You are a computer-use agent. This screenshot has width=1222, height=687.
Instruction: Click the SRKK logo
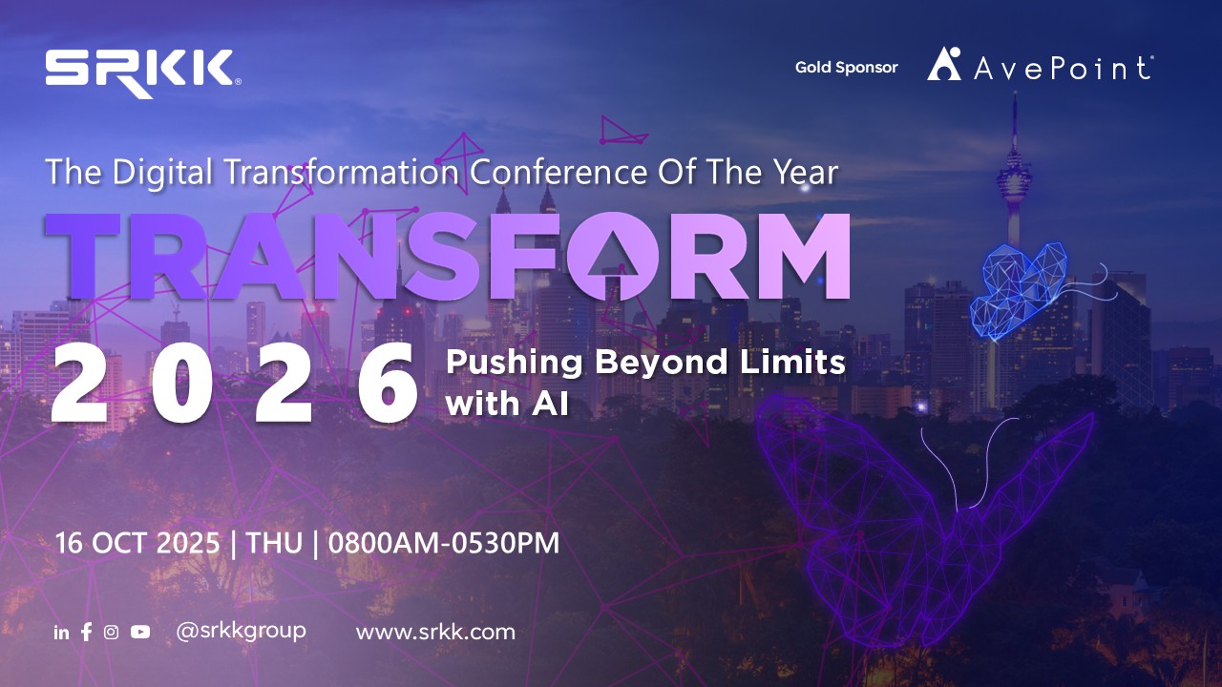(x=143, y=73)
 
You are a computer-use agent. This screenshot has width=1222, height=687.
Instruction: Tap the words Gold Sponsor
(x=846, y=68)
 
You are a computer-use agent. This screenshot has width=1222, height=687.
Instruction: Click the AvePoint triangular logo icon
(x=944, y=64)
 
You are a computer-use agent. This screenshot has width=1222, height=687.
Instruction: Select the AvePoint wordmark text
(x=1064, y=68)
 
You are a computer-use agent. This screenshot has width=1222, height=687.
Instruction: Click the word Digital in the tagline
(x=162, y=172)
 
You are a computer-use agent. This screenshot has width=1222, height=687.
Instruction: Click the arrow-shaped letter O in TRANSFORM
(x=613, y=257)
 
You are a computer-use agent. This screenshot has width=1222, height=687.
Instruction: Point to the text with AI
(x=507, y=404)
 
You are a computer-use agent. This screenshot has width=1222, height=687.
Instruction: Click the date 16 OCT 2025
(x=137, y=543)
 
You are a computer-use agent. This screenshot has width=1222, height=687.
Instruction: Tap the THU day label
(x=274, y=543)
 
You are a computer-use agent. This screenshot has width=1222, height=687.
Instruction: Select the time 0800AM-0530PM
(x=444, y=543)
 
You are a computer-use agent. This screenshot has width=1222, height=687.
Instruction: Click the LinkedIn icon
(x=62, y=633)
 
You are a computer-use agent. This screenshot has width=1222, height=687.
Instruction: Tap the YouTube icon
(x=140, y=632)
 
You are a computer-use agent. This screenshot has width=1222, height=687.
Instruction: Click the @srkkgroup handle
(x=241, y=632)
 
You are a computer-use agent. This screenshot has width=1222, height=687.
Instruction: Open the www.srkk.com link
(x=435, y=633)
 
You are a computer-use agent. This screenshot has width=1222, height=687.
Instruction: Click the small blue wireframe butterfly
(x=1019, y=290)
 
